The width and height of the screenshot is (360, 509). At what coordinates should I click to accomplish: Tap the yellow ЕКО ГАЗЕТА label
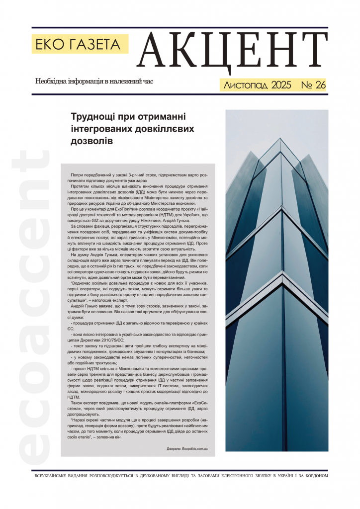[80, 45]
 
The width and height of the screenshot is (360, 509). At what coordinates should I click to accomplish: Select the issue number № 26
[313, 85]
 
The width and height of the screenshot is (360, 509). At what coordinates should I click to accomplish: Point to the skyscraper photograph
[276, 280]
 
